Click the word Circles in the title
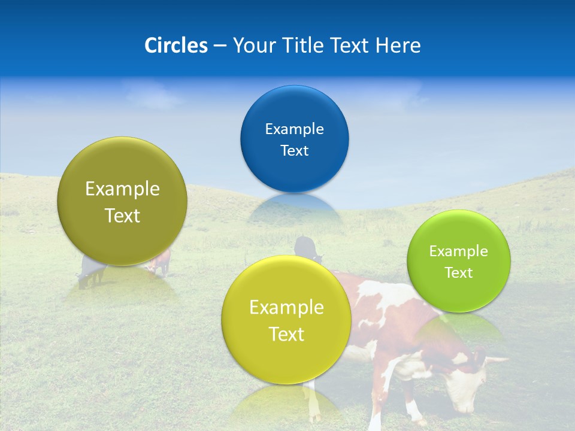176,45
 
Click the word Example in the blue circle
294,129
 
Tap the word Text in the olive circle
122,215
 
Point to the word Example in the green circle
459,251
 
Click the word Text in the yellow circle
286,334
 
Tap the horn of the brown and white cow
495,360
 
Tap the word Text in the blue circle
294,151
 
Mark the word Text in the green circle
459,273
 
